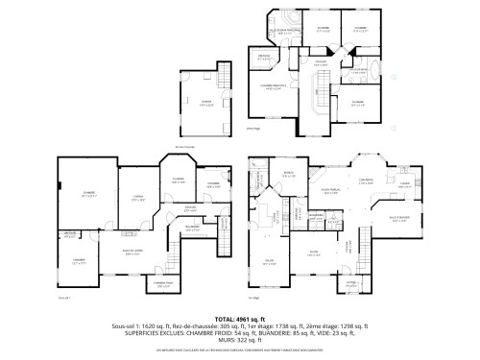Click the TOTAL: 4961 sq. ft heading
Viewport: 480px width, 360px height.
pyautogui.click(x=240, y=316)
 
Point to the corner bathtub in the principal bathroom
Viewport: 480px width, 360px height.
pyautogui.click(x=287, y=20)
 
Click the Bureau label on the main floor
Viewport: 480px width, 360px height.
pyautogui.click(x=287, y=174)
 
